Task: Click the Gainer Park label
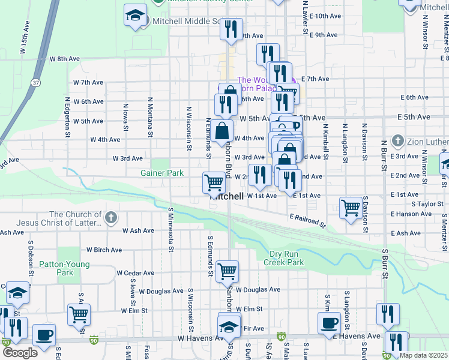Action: pos(161,173)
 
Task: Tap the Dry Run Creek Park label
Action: pos(283,258)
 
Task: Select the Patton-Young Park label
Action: pos(64,268)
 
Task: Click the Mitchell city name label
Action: pos(226,196)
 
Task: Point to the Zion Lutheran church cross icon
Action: pos(397,142)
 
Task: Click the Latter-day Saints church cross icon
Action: pos(110,218)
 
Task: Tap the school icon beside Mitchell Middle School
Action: pos(136,16)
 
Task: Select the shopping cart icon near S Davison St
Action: pos(351,208)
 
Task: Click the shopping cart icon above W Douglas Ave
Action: pos(227,272)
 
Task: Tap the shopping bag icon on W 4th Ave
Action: pos(221,130)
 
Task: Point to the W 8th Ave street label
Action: pos(65,59)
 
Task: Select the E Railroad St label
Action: pos(306,220)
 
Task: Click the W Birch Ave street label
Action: pos(104,250)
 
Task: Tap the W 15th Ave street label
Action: pos(25,40)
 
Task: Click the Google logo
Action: pos(20,353)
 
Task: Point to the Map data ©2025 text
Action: pos(424,355)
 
